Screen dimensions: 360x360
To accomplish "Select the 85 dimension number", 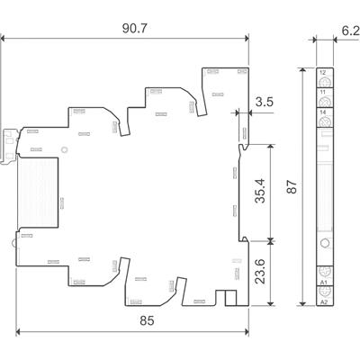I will pyautogui.click(x=131, y=319).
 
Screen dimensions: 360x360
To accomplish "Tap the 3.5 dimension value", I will pyautogui.click(x=265, y=102).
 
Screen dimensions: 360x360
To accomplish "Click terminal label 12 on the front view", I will pyautogui.click(x=322, y=71).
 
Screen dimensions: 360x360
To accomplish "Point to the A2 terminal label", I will pyautogui.click(x=322, y=302).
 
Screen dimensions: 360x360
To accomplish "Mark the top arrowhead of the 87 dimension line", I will pyautogui.click(x=308, y=69).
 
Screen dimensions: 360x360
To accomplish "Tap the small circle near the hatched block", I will pyautogui.click(x=65, y=151).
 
